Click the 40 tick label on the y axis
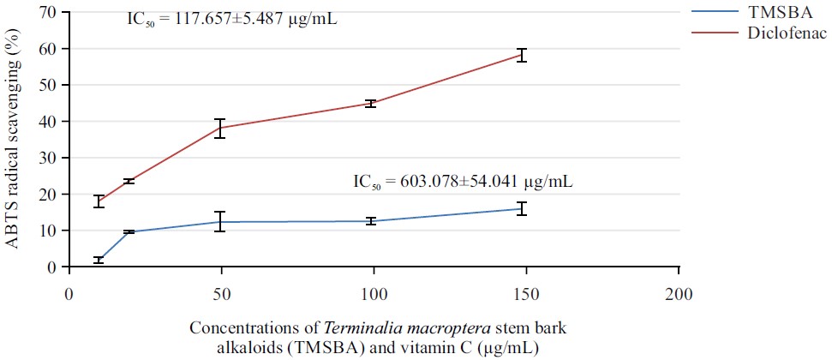pyautogui.click(x=46, y=122)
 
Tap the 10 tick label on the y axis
pyautogui.click(x=46, y=231)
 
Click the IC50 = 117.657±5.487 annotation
pyautogui.click(x=232, y=16)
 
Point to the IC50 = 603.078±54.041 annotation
pyautogui.click(x=464, y=182)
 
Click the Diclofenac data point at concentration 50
pyautogui.click(x=220, y=128)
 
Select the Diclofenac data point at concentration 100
pyautogui.click(x=370, y=104)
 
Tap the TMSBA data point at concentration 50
pyautogui.click(x=220, y=222)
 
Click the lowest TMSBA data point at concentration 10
pyautogui.click(x=99, y=260)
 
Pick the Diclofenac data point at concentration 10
pyautogui.click(x=99, y=201)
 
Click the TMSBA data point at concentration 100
pyautogui.click(x=370, y=221)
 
